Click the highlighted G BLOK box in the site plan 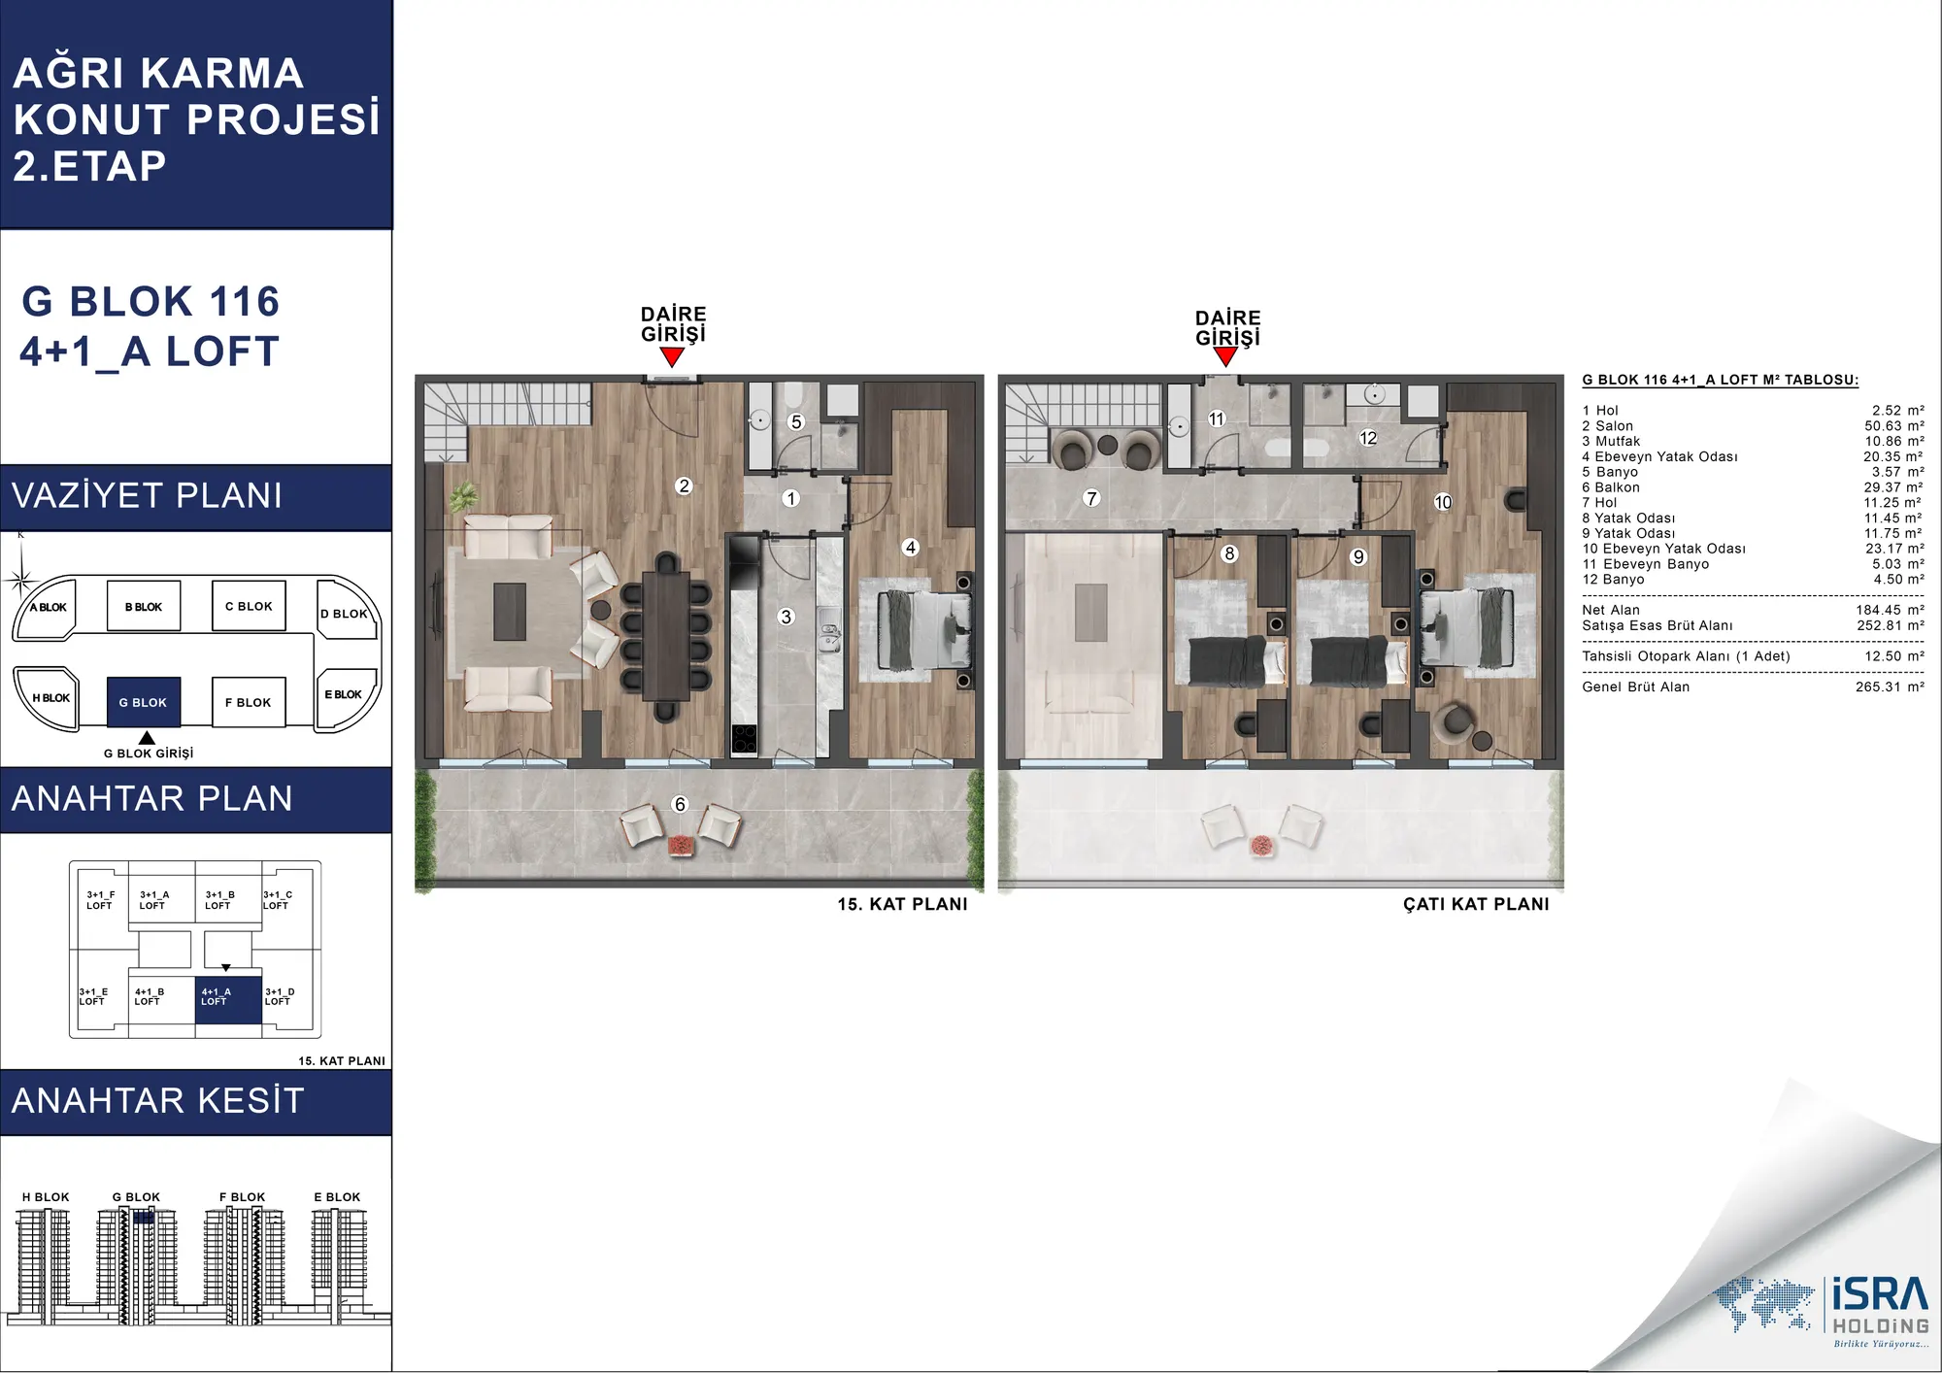pyautogui.click(x=144, y=702)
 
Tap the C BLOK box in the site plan pyautogui.click(x=249, y=606)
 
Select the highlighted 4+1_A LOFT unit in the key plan pyautogui.click(x=228, y=999)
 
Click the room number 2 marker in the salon pyautogui.click(x=685, y=486)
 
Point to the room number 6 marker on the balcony pyautogui.click(x=680, y=804)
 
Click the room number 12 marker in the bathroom pyautogui.click(x=1368, y=438)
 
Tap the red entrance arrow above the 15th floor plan pyautogui.click(x=672, y=356)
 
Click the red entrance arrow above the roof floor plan pyautogui.click(x=1226, y=356)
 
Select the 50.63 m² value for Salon pyautogui.click(x=1894, y=425)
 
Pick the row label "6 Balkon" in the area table pyautogui.click(x=1611, y=487)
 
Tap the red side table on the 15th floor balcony pyautogui.click(x=681, y=845)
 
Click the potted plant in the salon pyautogui.click(x=464, y=497)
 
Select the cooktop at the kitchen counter pyautogui.click(x=744, y=739)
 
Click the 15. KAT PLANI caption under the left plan pyautogui.click(x=902, y=904)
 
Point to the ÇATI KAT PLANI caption pyautogui.click(x=1476, y=904)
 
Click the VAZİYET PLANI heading pyautogui.click(x=148, y=495)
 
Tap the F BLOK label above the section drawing pyautogui.click(x=242, y=1197)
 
